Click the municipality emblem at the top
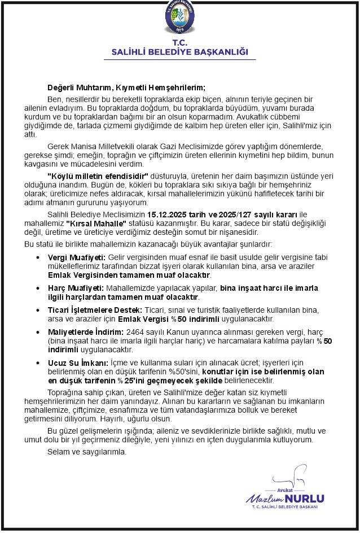(180, 19)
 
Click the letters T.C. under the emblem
(180, 43)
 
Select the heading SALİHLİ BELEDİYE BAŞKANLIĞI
(180, 52)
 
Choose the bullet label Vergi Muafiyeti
(73, 257)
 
